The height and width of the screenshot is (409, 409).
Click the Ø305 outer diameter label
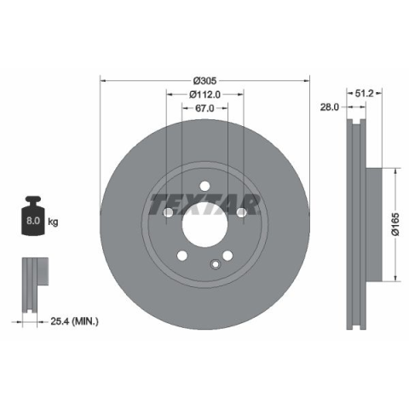[x=204, y=81]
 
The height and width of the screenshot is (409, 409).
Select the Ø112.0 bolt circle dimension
[x=204, y=95]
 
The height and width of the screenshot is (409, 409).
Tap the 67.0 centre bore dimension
[x=204, y=108]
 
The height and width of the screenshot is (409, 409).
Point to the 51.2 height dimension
[x=364, y=93]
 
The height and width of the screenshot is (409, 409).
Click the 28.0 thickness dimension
[x=330, y=107]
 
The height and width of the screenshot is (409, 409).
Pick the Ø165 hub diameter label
[x=395, y=224]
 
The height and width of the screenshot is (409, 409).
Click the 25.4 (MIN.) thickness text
[x=74, y=321]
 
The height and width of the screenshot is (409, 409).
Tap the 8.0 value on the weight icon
[x=33, y=221]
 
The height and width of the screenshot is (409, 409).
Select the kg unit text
[x=53, y=222]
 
